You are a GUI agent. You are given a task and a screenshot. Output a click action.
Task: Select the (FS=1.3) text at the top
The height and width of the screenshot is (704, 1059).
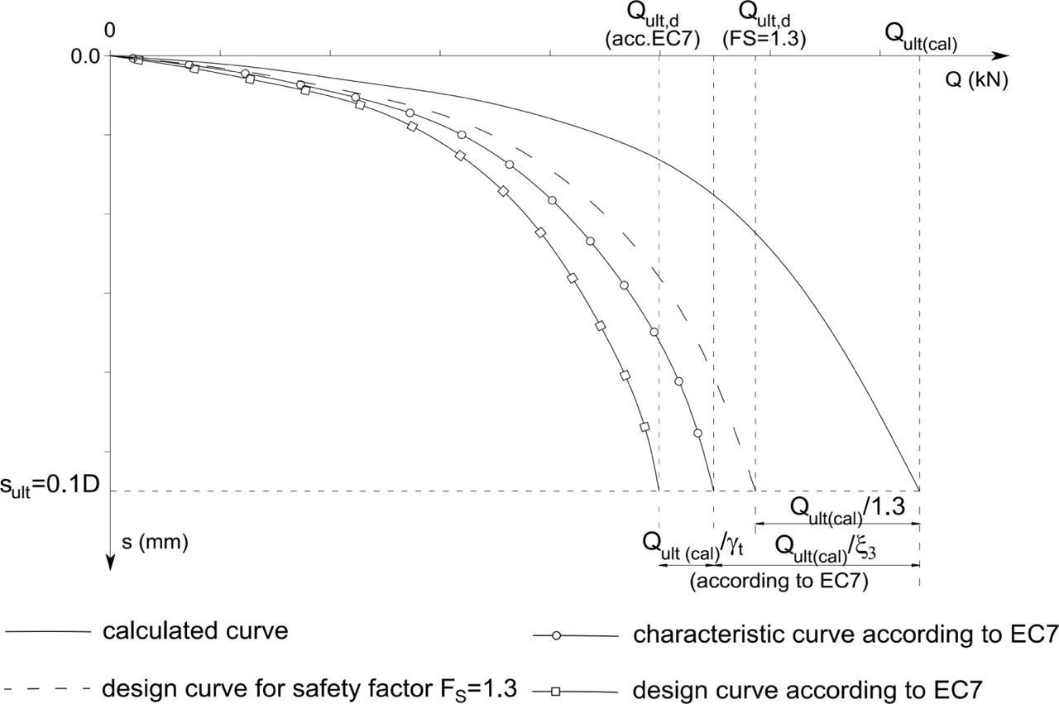click(764, 38)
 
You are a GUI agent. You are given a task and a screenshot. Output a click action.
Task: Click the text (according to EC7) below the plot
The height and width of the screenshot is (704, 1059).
click(779, 581)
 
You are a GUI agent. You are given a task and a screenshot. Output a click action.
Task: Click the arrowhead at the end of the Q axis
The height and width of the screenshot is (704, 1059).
click(1001, 56)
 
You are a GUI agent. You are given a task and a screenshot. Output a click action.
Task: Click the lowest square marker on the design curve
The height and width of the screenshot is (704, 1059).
click(645, 426)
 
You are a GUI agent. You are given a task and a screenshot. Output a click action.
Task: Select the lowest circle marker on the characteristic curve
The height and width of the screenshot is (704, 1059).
click(697, 433)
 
